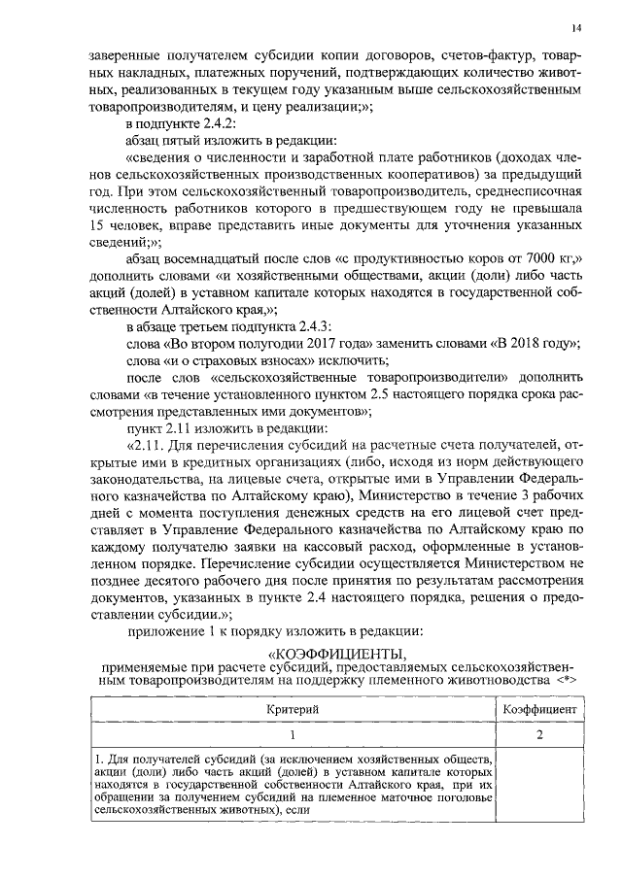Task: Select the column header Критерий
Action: pos(293,710)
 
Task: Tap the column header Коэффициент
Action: pos(540,710)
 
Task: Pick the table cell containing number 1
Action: pos(293,735)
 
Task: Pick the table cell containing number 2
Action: pos(540,735)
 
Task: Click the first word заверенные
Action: pos(121,53)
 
